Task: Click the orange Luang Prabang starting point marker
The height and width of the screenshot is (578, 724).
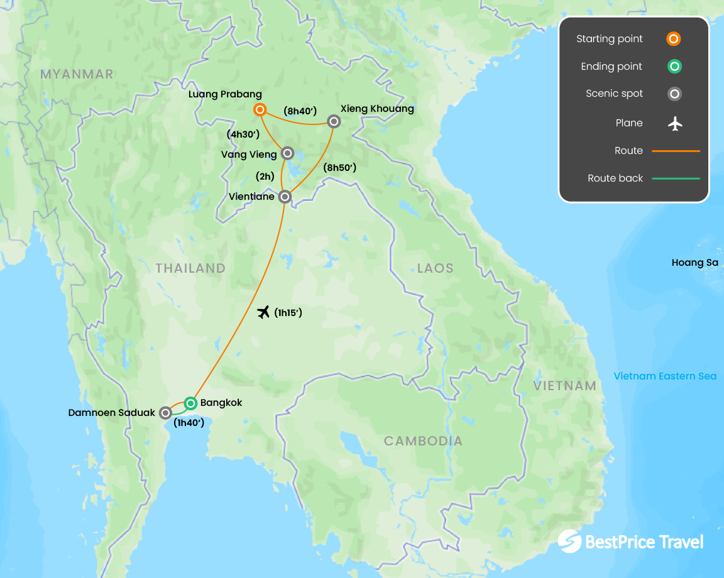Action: [260, 110]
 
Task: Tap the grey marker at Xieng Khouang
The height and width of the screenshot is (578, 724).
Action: [334, 121]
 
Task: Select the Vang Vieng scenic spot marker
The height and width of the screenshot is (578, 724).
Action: [287, 153]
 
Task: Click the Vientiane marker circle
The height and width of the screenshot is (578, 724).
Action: [285, 197]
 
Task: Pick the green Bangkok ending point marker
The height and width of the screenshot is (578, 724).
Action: [190, 403]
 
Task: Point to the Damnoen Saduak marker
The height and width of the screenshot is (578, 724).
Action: [165, 413]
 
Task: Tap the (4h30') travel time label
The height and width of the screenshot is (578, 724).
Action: [243, 134]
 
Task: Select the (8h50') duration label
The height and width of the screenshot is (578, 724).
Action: [339, 168]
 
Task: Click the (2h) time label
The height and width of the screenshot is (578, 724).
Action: [265, 177]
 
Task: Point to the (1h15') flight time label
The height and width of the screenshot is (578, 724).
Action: [288, 313]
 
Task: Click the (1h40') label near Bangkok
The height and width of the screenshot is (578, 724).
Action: [189, 423]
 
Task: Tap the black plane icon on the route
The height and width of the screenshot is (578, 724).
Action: [264, 312]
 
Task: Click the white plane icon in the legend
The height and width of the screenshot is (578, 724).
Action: [675, 124]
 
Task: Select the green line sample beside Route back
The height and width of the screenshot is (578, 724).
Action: [676, 178]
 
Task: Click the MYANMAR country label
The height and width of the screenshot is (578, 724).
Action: [77, 74]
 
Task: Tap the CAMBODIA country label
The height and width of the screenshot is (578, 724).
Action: [423, 441]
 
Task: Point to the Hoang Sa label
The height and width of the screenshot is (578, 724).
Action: [694, 263]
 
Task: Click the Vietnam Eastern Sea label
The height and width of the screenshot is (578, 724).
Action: [665, 376]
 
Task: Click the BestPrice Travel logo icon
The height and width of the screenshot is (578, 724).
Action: [569, 542]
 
